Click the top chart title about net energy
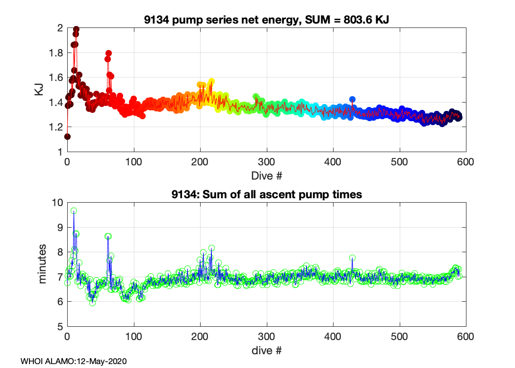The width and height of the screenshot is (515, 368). (266, 20)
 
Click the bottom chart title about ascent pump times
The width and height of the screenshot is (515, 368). (266, 194)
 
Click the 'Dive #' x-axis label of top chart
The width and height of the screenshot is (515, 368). (266, 175)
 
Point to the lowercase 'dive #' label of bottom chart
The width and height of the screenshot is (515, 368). (266, 350)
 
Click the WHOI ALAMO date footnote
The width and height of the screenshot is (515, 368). (74, 361)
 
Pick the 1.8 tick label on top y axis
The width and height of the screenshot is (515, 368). (56, 53)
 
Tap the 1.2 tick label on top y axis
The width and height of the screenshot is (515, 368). (56, 127)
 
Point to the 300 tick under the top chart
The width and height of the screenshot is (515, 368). (266, 162)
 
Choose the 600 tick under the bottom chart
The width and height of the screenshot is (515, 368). (465, 336)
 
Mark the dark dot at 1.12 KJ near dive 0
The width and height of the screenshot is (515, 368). (68, 136)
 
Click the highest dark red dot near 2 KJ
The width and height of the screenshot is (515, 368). (76, 29)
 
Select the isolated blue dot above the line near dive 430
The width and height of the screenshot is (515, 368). (352, 100)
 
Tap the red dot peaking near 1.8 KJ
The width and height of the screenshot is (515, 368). (108, 53)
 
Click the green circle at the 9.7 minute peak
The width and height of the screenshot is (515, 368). (74, 211)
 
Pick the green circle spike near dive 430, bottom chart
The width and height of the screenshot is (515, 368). (352, 258)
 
